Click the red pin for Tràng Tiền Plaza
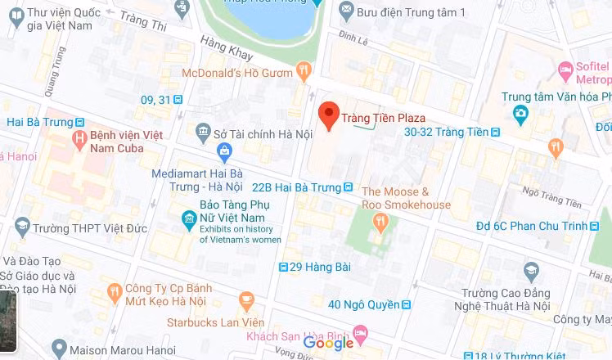tap(329, 115)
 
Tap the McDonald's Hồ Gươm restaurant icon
tap(304, 71)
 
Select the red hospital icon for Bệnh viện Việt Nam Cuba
tap(79, 140)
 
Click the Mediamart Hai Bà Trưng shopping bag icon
tap(225, 151)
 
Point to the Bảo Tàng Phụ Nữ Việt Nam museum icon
tap(189, 218)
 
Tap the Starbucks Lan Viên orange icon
tap(244, 300)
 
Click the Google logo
tap(328, 343)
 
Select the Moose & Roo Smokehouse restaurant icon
tap(380, 221)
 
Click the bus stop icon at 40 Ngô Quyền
tap(407, 304)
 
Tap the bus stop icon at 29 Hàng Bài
tap(283, 267)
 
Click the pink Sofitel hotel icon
tap(564, 69)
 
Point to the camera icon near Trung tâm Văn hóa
tap(519, 113)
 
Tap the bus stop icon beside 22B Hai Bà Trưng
tap(349, 187)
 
